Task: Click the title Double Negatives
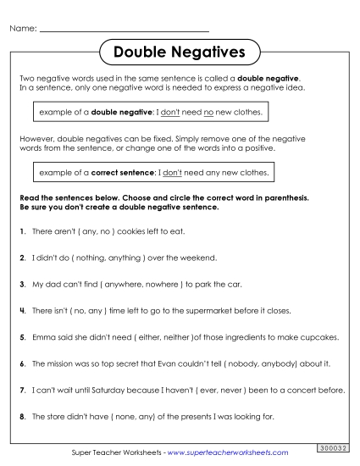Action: coord(179,53)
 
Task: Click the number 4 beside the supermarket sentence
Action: coord(20,311)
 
